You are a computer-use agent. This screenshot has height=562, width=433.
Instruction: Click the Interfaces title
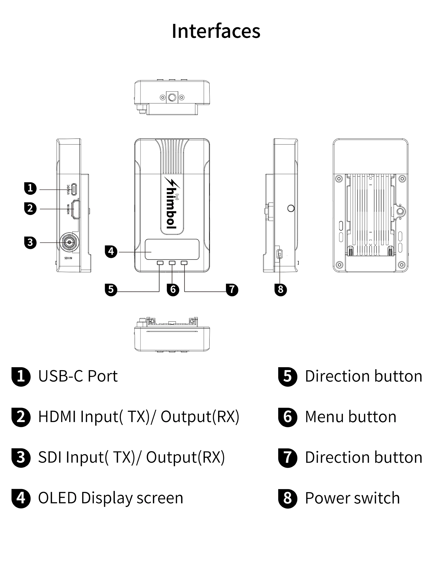pyautogui.click(x=216, y=31)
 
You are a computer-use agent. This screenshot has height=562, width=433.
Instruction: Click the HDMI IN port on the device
pyautogui.click(x=76, y=209)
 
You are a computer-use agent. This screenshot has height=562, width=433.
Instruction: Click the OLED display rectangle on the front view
pyautogui.click(x=172, y=249)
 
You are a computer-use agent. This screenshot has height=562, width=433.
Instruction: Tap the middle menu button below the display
pyautogui.click(x=172, y=263)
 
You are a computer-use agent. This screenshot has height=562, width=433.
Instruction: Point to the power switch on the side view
pyautogui.click(x=280, y=254)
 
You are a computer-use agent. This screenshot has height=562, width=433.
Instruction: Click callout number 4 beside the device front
pyautogui.click(x=111, y=252)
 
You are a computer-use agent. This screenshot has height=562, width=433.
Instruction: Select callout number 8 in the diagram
pyautogui.click(x=280, y=289)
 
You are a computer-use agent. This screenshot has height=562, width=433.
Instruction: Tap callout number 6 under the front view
pyautogui.click(x=173, y=290)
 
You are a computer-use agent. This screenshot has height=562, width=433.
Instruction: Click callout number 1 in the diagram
pyautogui.click(x=30, y=188)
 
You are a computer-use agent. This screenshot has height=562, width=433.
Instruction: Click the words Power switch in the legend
pyautogui.click(x=352, y=498)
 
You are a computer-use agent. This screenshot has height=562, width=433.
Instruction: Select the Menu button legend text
pyautogui.click(x=351, y=416)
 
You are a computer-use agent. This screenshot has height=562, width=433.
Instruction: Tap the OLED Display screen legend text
pyautogui.click(x=111, y=498)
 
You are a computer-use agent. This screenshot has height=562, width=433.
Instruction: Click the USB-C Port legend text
pyautogui.click(x=78, y=376)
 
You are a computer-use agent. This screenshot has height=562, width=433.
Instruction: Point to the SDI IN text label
pyautogui.click(x=68, y=258)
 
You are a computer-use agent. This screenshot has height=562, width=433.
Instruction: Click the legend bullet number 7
pyautogui.click(x=287, y=457)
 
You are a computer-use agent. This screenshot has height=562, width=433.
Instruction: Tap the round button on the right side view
pyautogui.click(x=291, y=208)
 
